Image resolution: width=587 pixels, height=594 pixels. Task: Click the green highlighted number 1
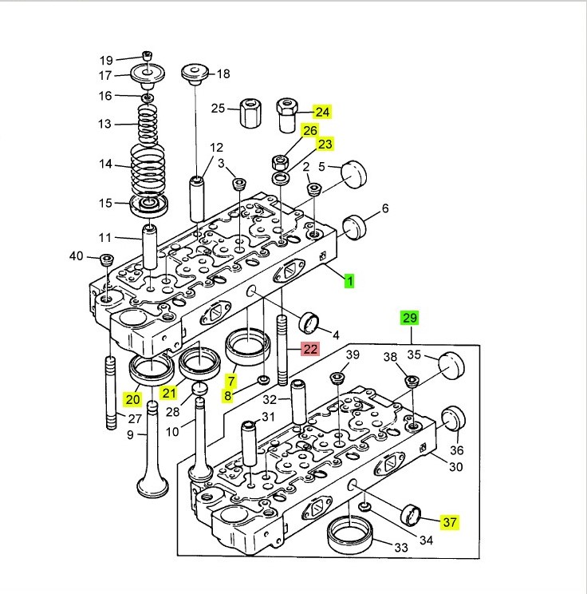349,280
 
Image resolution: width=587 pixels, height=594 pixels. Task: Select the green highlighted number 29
409,318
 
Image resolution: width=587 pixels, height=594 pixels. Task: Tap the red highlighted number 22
309,349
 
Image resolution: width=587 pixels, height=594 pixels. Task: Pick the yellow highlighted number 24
321,112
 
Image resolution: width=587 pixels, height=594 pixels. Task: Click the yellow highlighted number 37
450,522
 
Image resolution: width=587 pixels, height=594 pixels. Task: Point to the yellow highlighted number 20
132,397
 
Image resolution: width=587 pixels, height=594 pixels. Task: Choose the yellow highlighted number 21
168,392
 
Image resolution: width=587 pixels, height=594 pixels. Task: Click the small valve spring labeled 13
146,123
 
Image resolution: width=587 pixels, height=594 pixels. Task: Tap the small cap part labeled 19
147,54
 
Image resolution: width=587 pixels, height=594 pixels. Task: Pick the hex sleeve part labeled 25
251,114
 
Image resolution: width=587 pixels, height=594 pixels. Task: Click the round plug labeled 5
353,173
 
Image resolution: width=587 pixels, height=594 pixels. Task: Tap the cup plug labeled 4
309,324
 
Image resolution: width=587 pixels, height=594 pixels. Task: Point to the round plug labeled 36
453,420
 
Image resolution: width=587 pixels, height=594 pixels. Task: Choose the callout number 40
76,256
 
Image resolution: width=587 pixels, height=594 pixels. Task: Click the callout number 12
216,147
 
